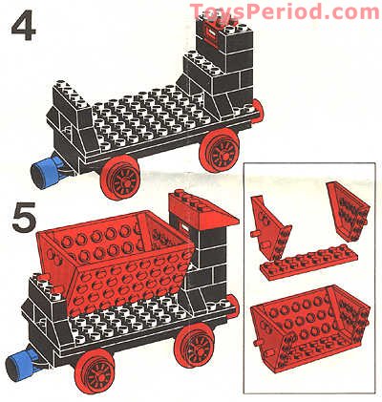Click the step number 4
[x=24, y=25]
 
